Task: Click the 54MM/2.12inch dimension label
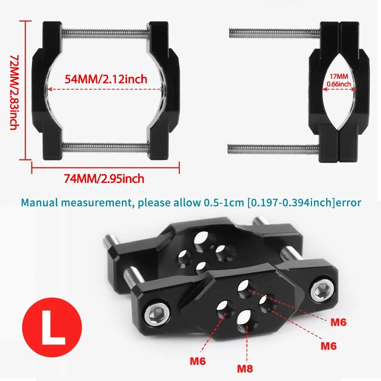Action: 106,79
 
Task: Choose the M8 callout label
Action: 245,368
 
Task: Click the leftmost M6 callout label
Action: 198,360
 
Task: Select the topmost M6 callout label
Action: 338,322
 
